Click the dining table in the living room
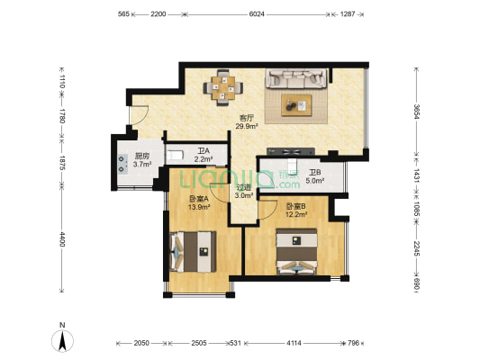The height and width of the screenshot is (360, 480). pos(223,88)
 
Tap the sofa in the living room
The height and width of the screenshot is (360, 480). pos(295,78)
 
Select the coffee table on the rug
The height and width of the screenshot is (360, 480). pos(296,105)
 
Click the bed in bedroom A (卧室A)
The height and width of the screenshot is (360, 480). pos(193,252)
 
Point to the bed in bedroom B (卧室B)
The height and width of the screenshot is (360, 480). pos(296,251)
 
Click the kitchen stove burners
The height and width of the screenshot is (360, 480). pos(122,164)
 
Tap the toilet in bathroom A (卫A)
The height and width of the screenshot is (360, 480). pos(174,155)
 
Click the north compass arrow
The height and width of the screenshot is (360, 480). pos(62,341)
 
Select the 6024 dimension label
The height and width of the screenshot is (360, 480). pos(257,14)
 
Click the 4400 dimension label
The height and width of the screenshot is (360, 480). pos(62,239)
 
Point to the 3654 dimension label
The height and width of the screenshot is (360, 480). pos(416,112)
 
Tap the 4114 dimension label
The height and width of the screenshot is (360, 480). pos(294,343)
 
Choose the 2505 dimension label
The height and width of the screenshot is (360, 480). pos(199,343)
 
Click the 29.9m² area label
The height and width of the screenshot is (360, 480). pos(247,126)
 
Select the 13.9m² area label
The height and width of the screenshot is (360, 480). pos(199,207)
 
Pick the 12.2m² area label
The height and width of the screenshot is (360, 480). pos(296,214)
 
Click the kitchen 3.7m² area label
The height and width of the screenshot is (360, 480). pos(142,164)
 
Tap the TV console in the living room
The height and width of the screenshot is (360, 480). pos(291,151)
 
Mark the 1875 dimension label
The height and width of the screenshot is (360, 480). pos(62,163)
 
